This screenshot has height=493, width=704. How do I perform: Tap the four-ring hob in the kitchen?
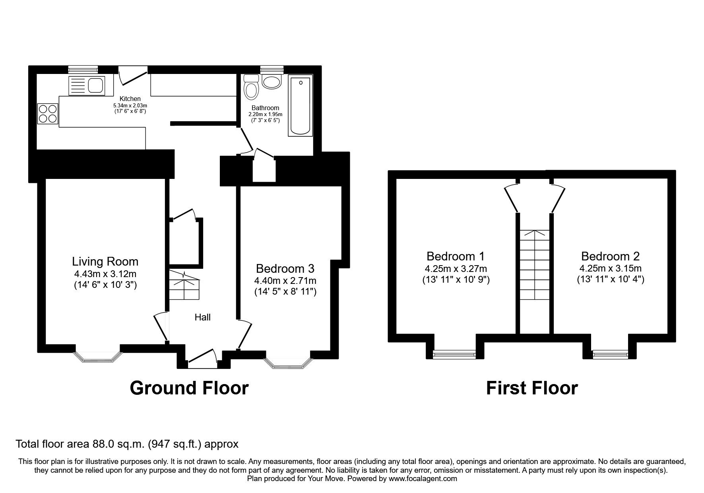click(48, 113)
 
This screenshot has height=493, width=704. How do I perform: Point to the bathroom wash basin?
click(272, 82)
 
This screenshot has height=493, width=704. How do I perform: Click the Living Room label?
click(105, 261)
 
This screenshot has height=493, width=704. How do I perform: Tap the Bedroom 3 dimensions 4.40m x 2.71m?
click(285, 281)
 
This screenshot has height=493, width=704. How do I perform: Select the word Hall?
click(202, 317)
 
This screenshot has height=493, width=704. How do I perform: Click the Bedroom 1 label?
click(456, 256)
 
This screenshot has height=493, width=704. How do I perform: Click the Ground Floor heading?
click(189, 388)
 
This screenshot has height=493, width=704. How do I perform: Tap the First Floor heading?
click(532, 388)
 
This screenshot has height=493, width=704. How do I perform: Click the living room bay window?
click(97, 357)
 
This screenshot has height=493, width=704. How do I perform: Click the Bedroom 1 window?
click(455, 353)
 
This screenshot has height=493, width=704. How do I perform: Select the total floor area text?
click(127, 444)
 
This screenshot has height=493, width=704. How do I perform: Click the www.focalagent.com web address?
click(423, 479)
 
